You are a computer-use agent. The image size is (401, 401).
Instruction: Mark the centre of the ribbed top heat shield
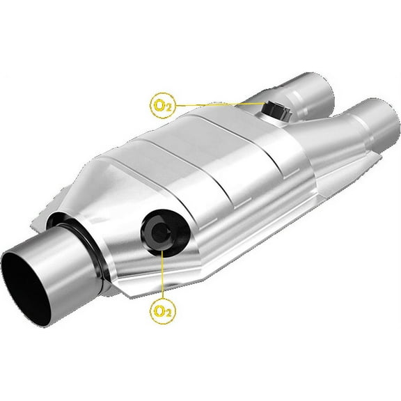pos(202,153)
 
